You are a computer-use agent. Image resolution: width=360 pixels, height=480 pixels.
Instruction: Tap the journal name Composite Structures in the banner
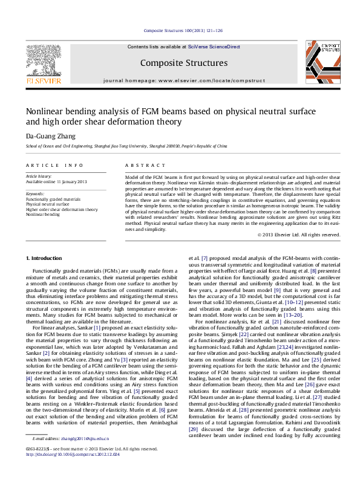[184, 63]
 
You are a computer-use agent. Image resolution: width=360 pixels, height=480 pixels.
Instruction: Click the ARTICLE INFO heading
[54, 165]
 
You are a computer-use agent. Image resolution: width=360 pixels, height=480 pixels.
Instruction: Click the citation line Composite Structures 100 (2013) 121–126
[184, 30]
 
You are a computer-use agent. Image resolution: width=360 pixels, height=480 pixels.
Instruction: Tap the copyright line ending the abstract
[298, 235]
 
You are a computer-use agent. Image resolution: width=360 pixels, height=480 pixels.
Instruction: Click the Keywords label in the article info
[35, 193]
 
